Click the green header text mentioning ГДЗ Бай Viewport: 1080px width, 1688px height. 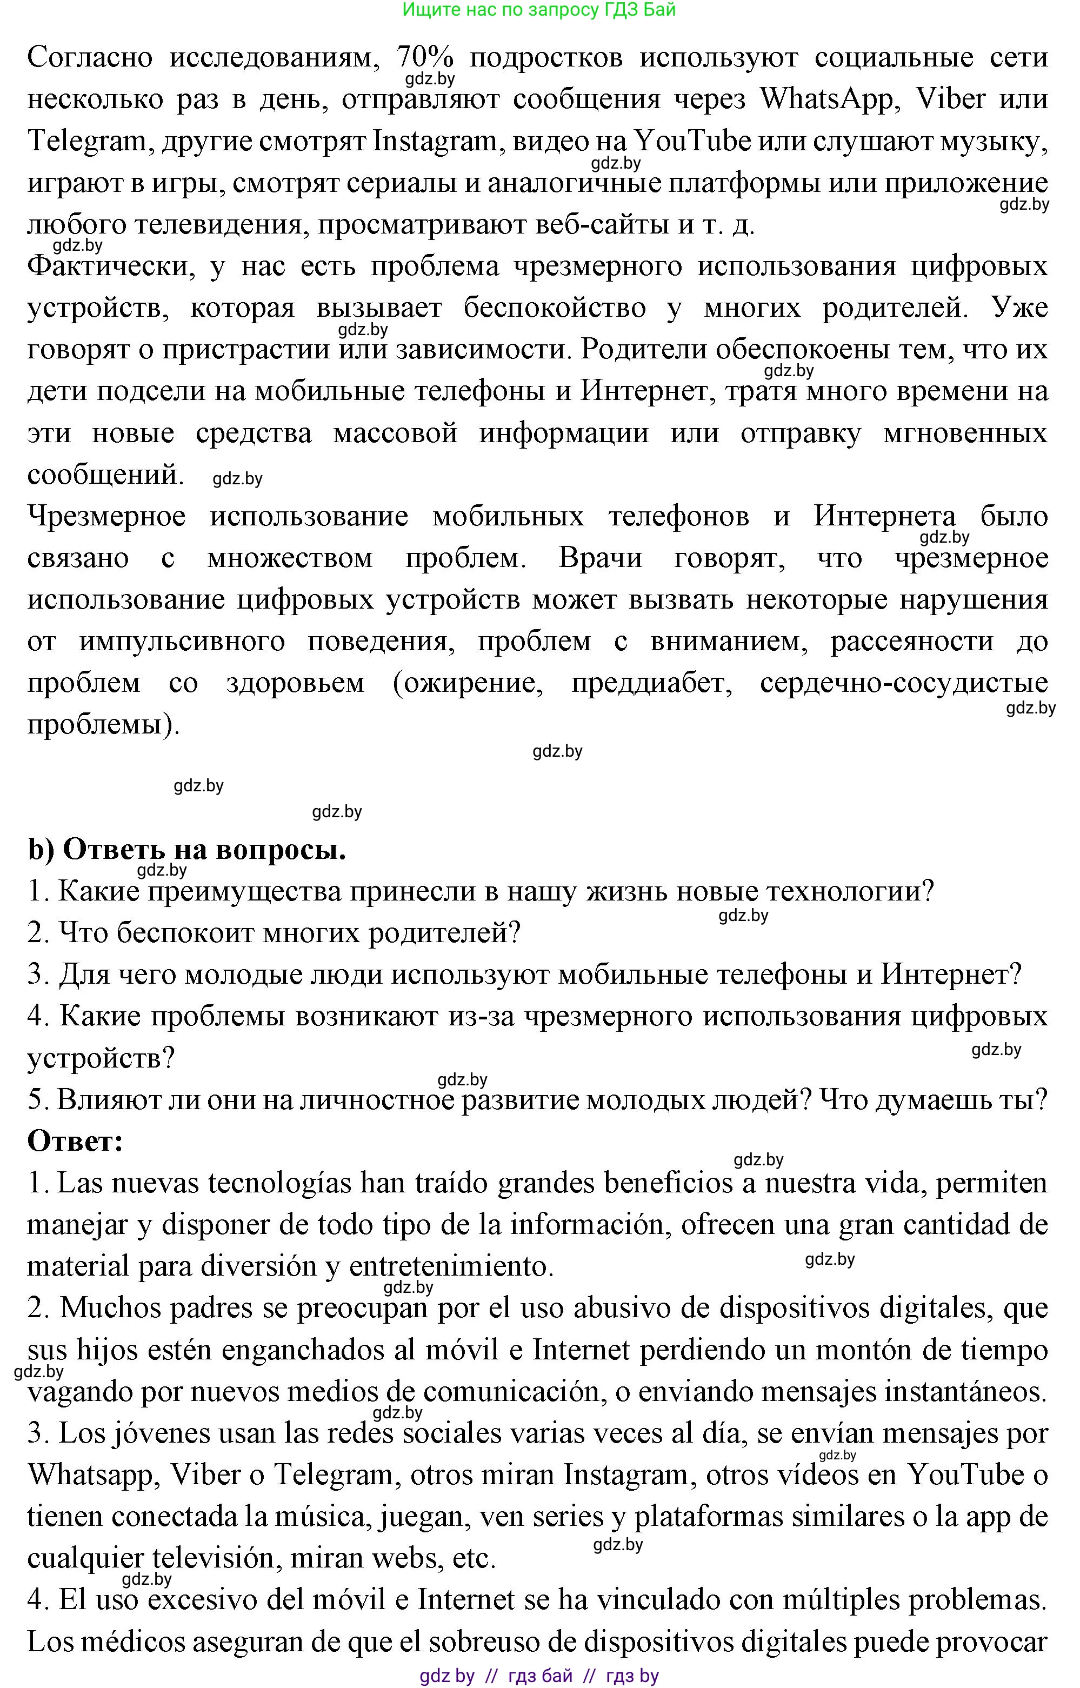(x=538, y=10)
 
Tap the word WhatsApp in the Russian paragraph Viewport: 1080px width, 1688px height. (x=827, y=99)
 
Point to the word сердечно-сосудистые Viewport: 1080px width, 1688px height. (x=904, y=683)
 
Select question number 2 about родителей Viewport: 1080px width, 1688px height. (x=274, y=933)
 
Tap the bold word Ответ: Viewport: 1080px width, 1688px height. (x=75, y=1142)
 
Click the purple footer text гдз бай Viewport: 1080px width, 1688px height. (x=540, y=1676)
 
